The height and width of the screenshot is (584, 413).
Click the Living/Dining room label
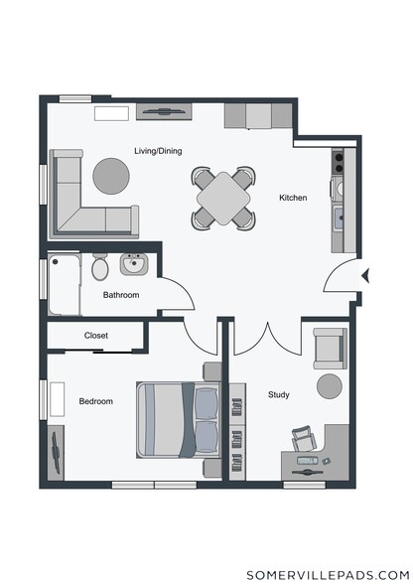pos(158,151)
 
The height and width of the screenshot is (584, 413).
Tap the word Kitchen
pos(293,198)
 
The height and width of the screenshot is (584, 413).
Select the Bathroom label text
pos(121,295)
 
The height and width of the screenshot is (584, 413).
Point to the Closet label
pos(96,336)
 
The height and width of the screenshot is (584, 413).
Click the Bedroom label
pos(95,401)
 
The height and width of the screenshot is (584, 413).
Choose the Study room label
pos(279,395)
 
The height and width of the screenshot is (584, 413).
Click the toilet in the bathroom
pos(100,266)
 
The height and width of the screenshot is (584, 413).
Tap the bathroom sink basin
pos(134,264)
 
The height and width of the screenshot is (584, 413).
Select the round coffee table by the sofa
pos(111,176)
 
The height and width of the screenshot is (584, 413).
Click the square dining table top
pos(223,198)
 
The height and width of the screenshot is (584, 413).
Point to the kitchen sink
pos(339,218)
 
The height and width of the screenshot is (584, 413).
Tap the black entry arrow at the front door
pos(365,276)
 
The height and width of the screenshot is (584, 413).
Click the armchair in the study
pos(330,349)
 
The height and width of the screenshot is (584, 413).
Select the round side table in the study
pos(330,386)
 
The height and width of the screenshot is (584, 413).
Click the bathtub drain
pos(56,262)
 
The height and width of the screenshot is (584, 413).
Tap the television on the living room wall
pos(164,111)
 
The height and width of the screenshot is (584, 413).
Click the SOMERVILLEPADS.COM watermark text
pos(328,575)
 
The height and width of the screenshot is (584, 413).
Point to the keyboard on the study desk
pos(308,461)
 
